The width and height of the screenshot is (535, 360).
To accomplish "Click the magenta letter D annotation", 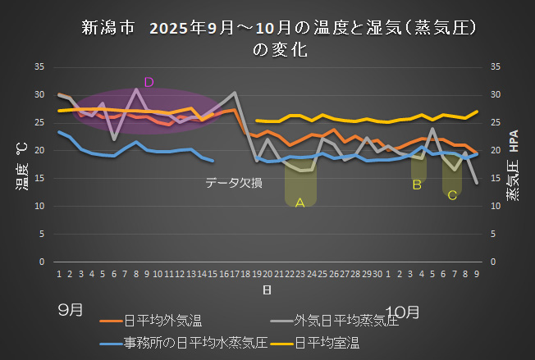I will pos(149,82).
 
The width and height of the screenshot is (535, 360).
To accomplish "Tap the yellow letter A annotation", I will pos(300,202).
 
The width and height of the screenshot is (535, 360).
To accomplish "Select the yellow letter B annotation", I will pos(417,185).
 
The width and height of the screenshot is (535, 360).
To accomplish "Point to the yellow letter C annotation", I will pos(450,194).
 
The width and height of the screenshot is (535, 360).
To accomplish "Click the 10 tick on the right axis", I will pos(495,206).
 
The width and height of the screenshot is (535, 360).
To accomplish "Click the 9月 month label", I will pos(70,310).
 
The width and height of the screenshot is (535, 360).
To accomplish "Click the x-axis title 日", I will pos(267,290).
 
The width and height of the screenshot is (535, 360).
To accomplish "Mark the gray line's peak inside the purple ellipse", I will pos(136,89).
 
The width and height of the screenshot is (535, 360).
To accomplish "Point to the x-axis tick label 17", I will pos(235,273).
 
